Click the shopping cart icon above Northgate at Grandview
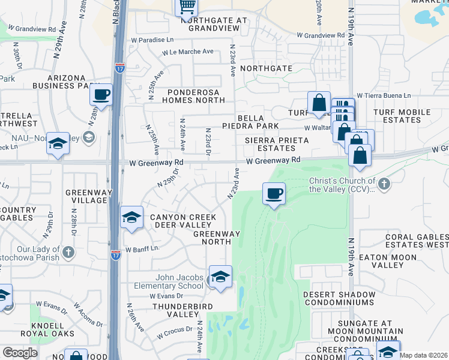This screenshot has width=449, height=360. tap(187, 7)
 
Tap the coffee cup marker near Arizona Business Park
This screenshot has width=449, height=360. tap(101, 95)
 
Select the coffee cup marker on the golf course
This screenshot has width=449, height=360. tap(274, 194)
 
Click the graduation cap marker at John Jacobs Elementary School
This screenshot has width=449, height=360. tap(221, 277)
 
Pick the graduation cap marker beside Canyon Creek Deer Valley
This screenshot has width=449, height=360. tap(131, 218)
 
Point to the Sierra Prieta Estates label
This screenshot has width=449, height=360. tap(277, 144)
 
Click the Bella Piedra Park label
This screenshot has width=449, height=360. tap(259, 122)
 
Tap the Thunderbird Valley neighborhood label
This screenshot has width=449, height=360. tap(174, 309)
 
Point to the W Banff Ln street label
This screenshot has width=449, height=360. tap(142, 248)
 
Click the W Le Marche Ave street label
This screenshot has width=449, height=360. tap(187, 52)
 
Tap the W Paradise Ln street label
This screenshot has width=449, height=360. tap(155, 41)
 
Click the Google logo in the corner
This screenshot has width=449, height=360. tap(20, 353)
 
